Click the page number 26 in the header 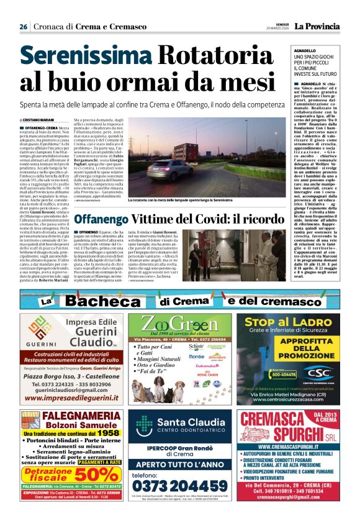point(23,27)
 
